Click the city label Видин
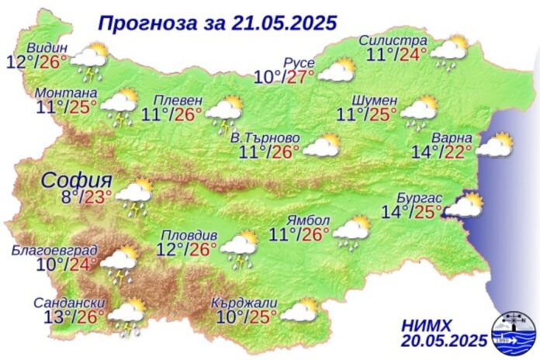(x=47, y=44)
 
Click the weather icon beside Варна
(x=494, y=146)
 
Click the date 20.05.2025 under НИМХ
(x=445, y=340)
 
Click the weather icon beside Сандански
(x=127, y=317)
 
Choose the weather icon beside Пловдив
(x=240, y=246)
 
